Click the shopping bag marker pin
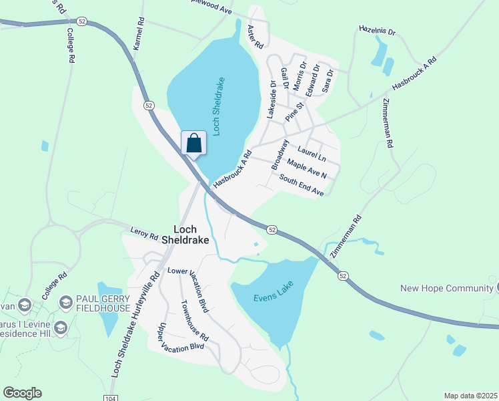[193, 143]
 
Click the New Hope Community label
[446, 288]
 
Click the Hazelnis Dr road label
[378, 31]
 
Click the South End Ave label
[302, 185]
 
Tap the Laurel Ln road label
[312, 154]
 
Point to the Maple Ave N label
[307, 169]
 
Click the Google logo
[22, 392]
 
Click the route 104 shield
[108, 397]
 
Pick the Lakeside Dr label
[272, 100]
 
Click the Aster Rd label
[256, 36]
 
